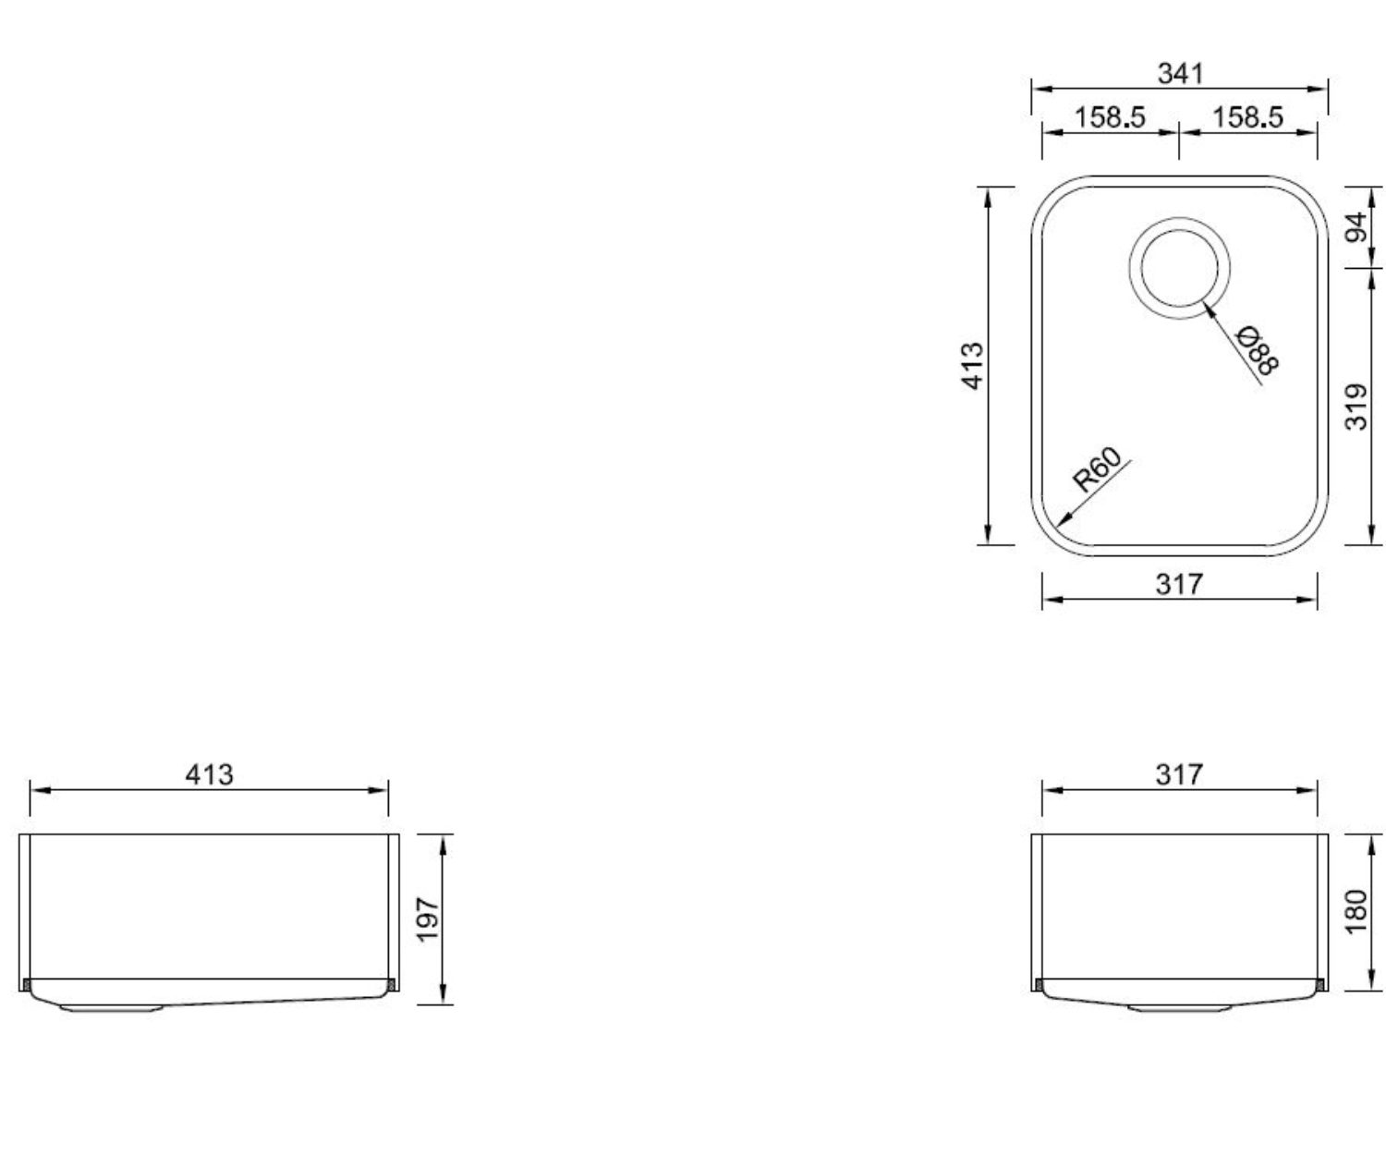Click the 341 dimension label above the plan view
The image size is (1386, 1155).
(1180, 74)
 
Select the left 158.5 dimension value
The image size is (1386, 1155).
(1110, 117)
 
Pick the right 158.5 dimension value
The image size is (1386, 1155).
(1248, 117)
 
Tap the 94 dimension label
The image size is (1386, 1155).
(1358, 227)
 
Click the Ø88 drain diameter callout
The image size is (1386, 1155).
(1258, 350)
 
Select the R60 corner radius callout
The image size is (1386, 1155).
(1098, 470)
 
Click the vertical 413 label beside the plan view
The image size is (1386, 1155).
(972, 366)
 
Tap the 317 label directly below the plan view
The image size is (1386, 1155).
(1179, 585)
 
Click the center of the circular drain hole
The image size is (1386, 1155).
(1180, 268)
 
